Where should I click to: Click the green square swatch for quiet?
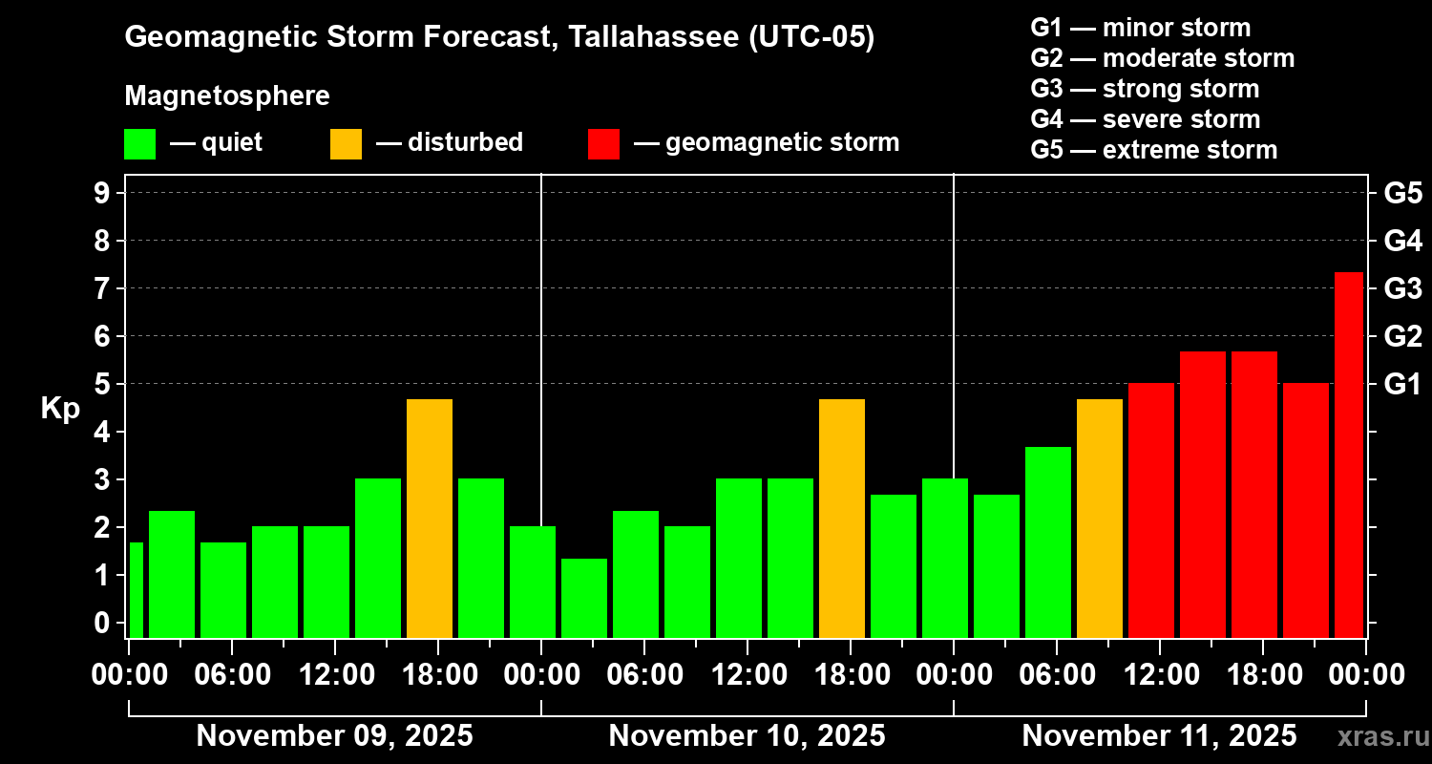coord(139,143)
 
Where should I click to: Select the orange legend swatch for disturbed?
coord(346,143)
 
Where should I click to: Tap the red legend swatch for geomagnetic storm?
coord(603,143)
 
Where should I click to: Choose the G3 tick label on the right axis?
coord(1402,288)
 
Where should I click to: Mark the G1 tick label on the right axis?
coord(1402,384)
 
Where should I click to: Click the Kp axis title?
coord(60,408)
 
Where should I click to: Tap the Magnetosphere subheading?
coord(227,96)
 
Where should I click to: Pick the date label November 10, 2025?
coord(747,736)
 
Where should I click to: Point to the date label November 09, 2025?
coord(334,736)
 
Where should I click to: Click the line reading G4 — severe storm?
coord(1145,119)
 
